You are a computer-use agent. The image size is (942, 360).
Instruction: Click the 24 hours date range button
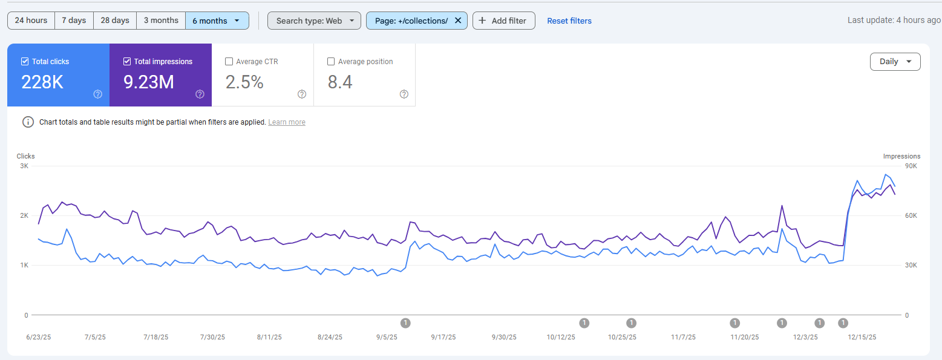coord(31,21)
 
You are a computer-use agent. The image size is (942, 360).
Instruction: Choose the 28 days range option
coord(115,21)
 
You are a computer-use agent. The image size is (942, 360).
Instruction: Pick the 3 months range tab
coord(161,21)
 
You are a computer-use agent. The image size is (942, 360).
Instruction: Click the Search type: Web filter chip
coord(314,21)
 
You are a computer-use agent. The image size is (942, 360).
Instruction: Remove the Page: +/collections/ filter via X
coord(458,21)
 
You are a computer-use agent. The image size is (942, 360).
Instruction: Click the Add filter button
coord(503,21)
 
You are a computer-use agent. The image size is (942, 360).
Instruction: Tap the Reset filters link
coord(569,21)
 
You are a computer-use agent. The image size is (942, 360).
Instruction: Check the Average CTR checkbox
coord(229,61)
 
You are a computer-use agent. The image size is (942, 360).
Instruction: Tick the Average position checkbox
coord(331,61)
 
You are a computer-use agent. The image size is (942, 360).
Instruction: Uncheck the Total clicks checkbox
coord(25,61)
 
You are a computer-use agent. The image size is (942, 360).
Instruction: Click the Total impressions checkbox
coord(127,61)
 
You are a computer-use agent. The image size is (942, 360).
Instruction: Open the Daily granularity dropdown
coord(895,62)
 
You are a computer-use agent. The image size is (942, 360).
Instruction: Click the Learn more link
coord(287,122)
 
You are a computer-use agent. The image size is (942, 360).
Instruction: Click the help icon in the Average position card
coord(404,94)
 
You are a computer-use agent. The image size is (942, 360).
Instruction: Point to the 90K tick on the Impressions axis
coord(911,166)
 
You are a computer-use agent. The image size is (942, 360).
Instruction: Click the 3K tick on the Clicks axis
coord(24,166)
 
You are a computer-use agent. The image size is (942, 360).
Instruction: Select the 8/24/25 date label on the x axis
coord(329,337)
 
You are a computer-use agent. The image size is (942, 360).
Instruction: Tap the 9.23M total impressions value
coord(149,82)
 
